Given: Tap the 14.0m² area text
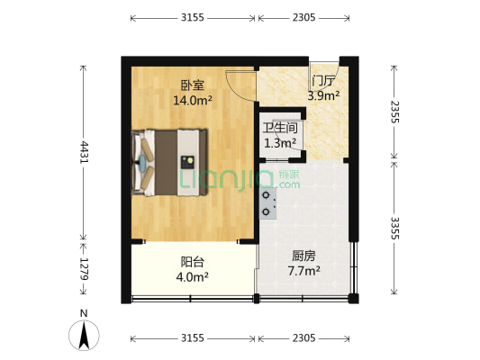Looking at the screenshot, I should point(192,101).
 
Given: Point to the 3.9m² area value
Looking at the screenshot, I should point(323,95).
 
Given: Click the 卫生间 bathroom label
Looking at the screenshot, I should point(280,128).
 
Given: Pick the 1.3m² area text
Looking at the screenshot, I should point(280,142).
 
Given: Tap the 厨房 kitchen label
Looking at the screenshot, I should point(303,255).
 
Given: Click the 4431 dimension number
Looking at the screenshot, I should point(84,152).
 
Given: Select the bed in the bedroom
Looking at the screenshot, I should point(169,161).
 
